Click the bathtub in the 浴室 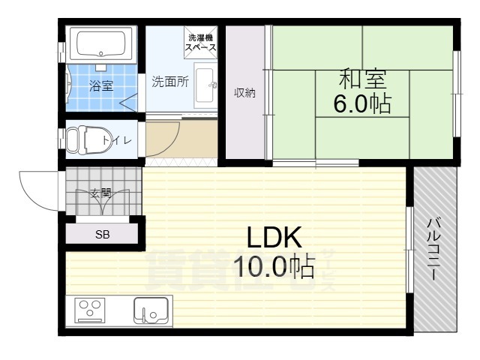(x=101, y=45)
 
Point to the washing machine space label (x=200, y=42)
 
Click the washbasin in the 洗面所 (x=206, y=89)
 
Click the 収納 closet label (x=244, y=93)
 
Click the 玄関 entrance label (x=101, y=193)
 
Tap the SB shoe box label (x=102, y=234)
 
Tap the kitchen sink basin (x=151, y=310)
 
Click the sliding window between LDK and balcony (x=409, y=250)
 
